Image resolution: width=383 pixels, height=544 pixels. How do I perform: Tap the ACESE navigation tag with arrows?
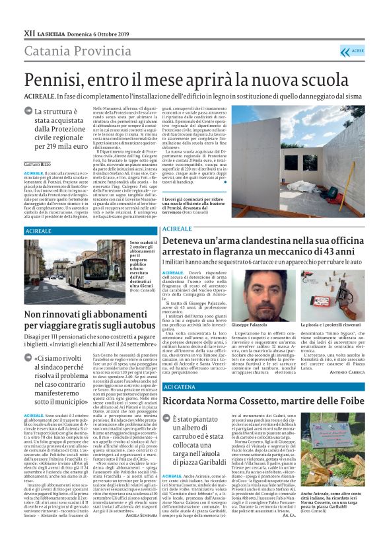click(352, 51)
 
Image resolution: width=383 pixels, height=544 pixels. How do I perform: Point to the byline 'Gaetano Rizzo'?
click(37, 163)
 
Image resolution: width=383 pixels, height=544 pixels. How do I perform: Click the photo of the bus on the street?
click(75, 271)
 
